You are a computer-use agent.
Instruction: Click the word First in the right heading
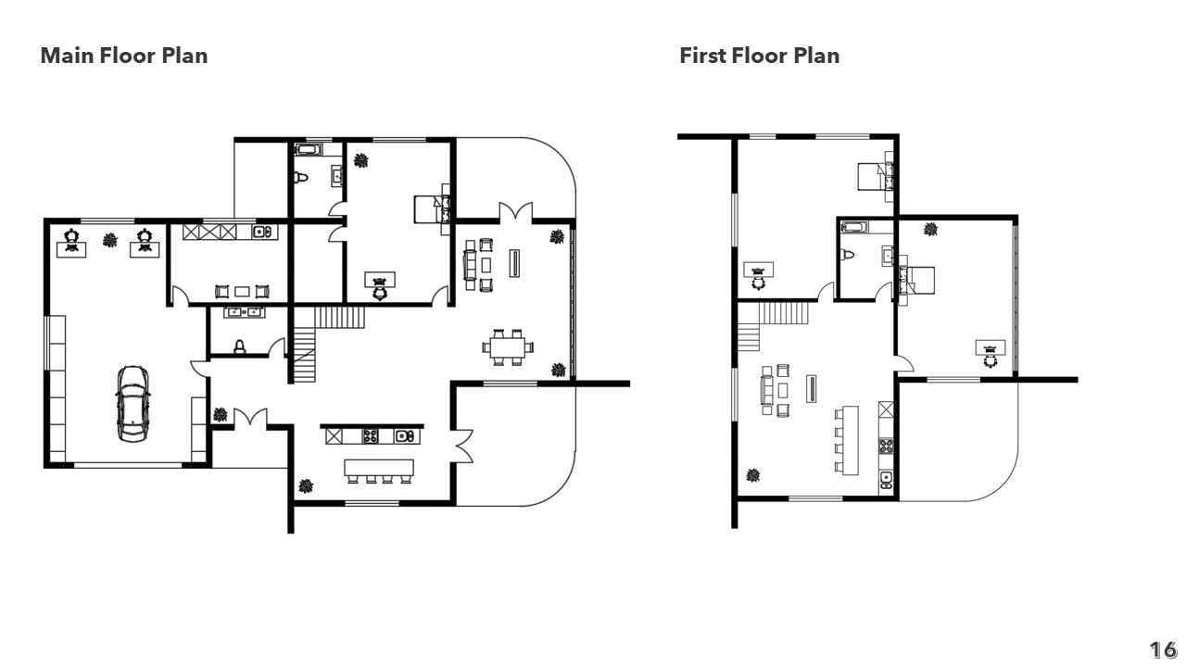(700, 56)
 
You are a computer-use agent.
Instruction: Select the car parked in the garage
(132, 403)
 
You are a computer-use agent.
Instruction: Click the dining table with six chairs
(507, 347)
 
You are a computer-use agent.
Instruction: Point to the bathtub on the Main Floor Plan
(308, 149)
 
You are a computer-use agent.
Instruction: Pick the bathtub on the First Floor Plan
(854, 228)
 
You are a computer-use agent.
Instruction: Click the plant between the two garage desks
(110, 241)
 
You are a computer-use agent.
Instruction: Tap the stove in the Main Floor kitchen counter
(371, 436)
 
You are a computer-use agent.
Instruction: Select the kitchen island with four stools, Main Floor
(379, 471)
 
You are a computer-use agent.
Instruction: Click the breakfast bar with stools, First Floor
(847, 440)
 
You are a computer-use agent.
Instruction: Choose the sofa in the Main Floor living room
(470, 265)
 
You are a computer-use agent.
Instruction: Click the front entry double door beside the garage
(250, 416)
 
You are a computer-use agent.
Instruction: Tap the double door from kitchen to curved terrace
(462, 446)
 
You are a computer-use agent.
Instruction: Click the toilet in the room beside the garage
(240, 346)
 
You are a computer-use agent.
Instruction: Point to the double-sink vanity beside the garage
(244, 312)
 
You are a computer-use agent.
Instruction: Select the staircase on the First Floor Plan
(774, 326)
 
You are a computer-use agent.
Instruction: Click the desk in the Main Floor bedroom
(379, 280)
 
